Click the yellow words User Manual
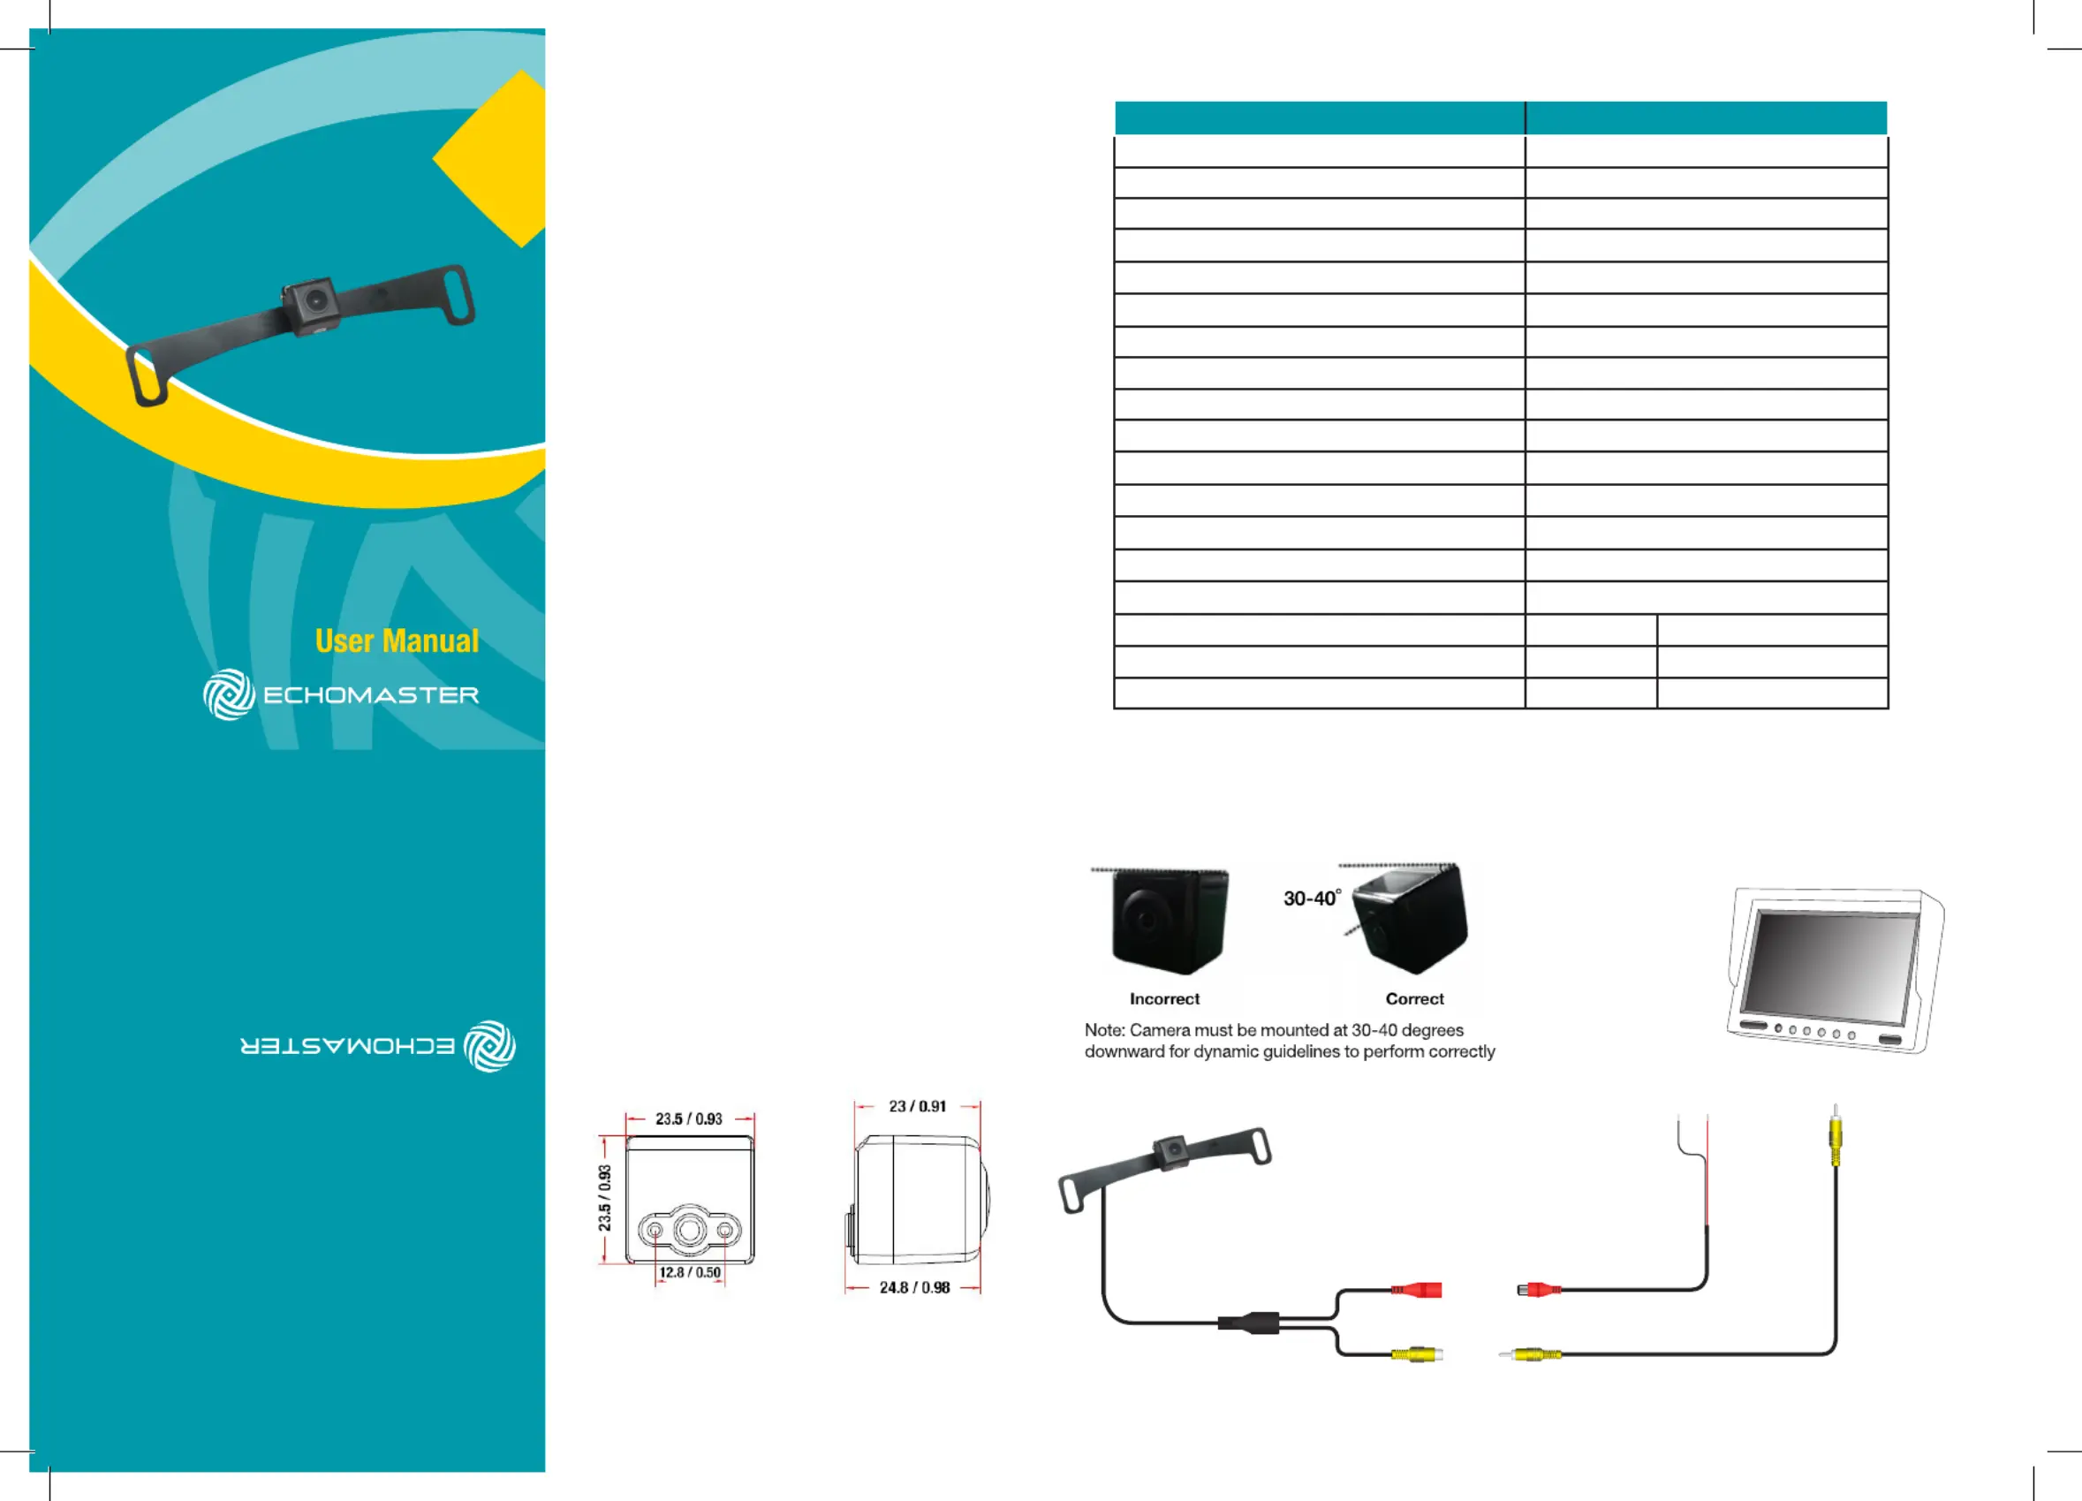tap(397, 641)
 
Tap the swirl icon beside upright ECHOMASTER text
tap(230, 694)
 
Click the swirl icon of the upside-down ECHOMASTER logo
tap(489, 1046)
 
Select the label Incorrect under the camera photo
tap(1164, 999)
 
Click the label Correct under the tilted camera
tap(1414, 999)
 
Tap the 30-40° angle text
tap(1312, 898)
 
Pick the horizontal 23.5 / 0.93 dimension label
tap(688, 1119)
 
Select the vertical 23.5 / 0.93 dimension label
tap(604, 1198)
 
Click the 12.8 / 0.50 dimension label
tap(689, 1272)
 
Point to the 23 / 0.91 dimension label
tap(917, 1106)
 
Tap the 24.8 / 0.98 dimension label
tap(914, 1288)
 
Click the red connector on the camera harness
tap(1416, 1290)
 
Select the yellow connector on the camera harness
tap(1417, 1353)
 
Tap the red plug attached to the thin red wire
tap(1540, 1290)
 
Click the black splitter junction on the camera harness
tap(1248, 1323)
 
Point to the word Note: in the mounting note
tap(1104, 1030)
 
